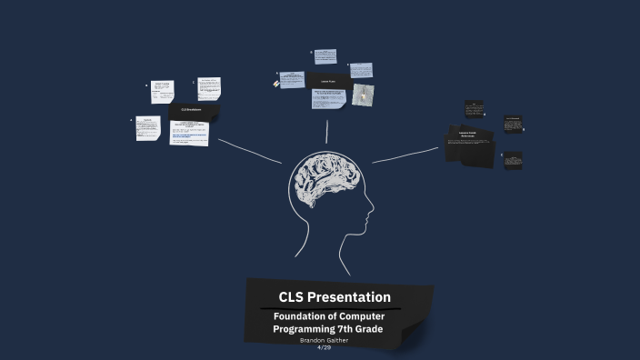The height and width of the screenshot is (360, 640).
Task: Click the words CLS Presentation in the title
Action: (x=335, y=297)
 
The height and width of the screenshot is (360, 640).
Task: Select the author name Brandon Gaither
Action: (x=324, y=340)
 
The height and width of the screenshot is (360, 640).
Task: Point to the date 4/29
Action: (x=324, y=347)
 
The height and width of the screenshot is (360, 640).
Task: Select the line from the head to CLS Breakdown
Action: (x=250, y=151)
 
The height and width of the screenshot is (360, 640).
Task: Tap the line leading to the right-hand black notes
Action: (x=405, y=155)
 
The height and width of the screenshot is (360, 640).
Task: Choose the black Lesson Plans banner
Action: (x=330, y=80)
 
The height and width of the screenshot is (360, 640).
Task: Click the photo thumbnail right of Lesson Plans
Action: (x=363, y=95)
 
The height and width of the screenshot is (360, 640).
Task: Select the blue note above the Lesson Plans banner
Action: (x=325, y=56)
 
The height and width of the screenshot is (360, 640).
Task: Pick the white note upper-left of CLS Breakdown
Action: (x=163, y=92)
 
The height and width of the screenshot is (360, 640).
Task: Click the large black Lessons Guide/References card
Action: (x=468, y=145)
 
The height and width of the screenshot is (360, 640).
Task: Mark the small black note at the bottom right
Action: (x=514, y=161)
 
